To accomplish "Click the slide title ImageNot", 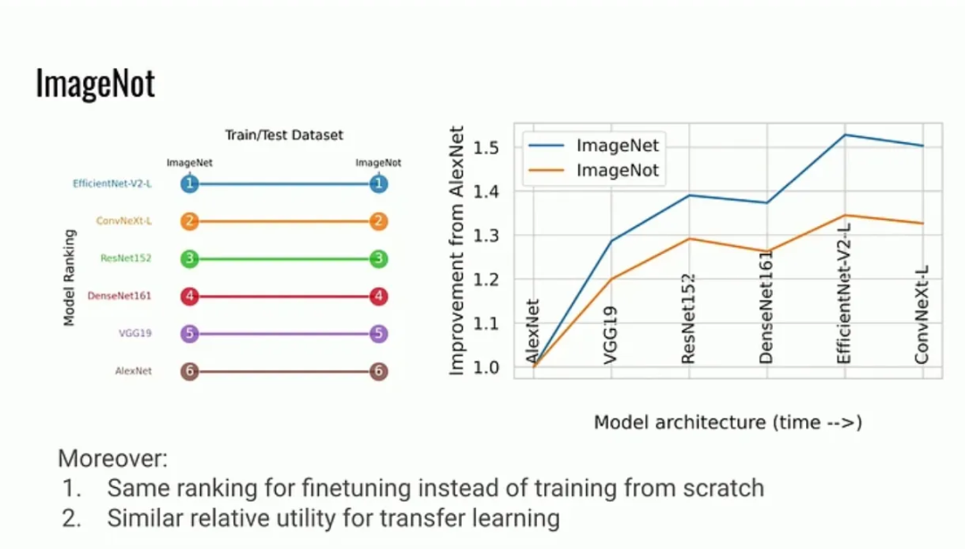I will pyautogui.click(x=95, y=83).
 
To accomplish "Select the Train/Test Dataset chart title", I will pyautogui.click(x=283, y=135).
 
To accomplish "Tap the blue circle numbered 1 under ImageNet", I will pyautogui.click(x=189, y=184).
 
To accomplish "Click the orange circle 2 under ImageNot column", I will pyautogui.click(x=379, y=221).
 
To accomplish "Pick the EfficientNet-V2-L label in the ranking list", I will pyautogui.click(x=112, y=184).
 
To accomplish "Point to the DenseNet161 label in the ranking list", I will pyautogui.click(x=119, y=296).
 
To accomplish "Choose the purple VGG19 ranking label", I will pyautogui.click(x=135, y=334).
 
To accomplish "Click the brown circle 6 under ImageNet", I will pyautogui.click(x=189, y=371).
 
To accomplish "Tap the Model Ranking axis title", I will pyautogui.click(x=69, y=277).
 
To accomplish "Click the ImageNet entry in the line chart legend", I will pyautogui.click(x=617, y=146).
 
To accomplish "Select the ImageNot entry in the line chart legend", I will pyautogui.click(x=617, y=170).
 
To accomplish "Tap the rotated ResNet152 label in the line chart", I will pyautogui.click(x=688, y=317).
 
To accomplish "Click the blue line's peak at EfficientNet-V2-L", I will pyautogui.click(x=844, y=135).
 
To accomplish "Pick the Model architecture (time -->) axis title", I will pyautogui.click(x=727, y=422).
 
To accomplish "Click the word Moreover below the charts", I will pyautogui.click(x=113, y=460).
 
